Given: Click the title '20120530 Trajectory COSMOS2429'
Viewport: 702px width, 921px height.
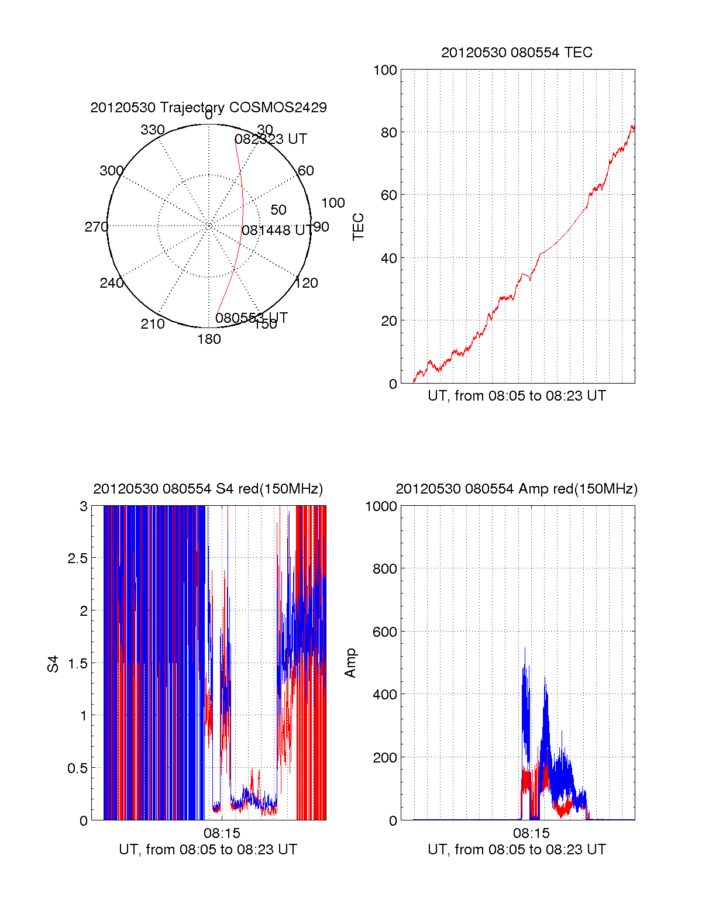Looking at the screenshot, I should click(208, 108).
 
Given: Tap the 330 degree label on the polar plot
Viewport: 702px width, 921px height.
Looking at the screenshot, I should click(153, 130).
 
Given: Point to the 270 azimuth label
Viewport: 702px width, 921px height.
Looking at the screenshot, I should click(96, 227).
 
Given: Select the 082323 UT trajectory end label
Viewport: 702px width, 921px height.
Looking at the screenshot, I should click(271, 139).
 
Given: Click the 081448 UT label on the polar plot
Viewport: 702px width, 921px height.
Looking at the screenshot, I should click(277, 230).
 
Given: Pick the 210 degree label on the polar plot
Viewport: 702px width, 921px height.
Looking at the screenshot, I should click(153, 324).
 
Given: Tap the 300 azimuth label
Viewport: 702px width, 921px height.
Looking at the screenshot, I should click(111, 171).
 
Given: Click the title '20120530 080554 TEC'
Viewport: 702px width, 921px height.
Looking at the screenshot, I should click(517, 53).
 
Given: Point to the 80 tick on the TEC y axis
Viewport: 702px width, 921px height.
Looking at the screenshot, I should click(389, 132).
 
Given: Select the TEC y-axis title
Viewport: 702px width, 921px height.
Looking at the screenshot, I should click(358, 227).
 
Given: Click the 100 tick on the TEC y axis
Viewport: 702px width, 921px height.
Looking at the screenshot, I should click(386, 70).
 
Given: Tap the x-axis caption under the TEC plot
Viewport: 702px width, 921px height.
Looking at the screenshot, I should click(517, 396).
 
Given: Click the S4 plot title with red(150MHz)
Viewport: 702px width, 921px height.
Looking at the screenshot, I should click(208, 489).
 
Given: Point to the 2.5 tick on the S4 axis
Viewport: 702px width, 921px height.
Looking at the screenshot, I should click(78, 558).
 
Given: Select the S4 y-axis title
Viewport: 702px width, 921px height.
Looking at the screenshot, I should click(53, 664).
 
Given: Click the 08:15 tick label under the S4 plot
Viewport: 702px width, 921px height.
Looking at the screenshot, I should click(222, 833).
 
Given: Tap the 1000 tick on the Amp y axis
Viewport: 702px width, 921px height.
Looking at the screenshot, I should click(381, 506).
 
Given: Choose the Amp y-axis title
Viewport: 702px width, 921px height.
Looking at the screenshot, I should click(350, 664).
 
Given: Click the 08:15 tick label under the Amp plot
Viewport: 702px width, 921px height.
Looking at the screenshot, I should click(531, 833).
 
